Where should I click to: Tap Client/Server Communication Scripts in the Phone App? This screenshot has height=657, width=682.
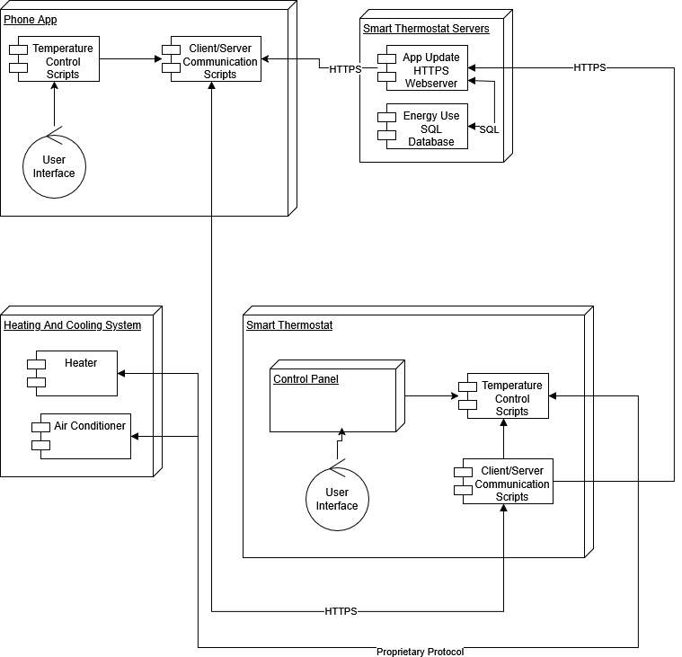coord(216,60)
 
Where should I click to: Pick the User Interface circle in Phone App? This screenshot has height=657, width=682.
coord(54,166)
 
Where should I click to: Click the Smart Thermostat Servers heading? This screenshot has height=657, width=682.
coord(426,29)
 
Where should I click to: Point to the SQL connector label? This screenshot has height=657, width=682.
coord(489,129)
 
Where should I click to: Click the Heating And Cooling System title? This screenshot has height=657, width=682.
coord(72,324)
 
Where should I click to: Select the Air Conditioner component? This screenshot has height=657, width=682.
coord(85,436)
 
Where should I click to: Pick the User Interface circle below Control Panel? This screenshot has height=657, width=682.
coord(337,499)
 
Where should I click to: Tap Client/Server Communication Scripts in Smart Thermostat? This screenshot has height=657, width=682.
coord(508,483)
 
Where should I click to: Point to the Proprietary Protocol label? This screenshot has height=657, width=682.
coord(420,651)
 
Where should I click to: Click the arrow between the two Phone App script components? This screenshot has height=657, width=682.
coord(130,59)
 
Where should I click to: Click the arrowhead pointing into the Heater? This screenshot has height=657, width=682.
coord(122,373)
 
